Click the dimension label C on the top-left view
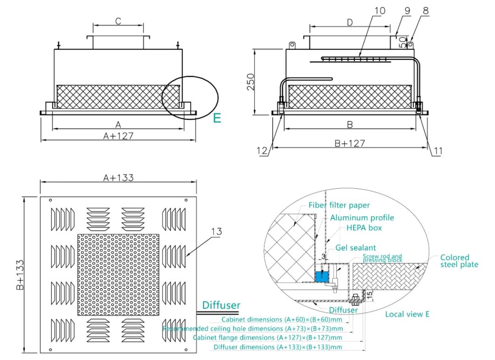click(x=118, y=21)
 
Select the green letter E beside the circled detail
click(x=217, y=118)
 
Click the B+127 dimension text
click(x=349, y=143)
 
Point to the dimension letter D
click(x=350, y=22)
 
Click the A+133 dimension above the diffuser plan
click(x=118, y=178)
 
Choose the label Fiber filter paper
click(x=339, y=205)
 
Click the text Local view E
click(x=407, y=314)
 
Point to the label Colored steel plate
click(x=459, y=261)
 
